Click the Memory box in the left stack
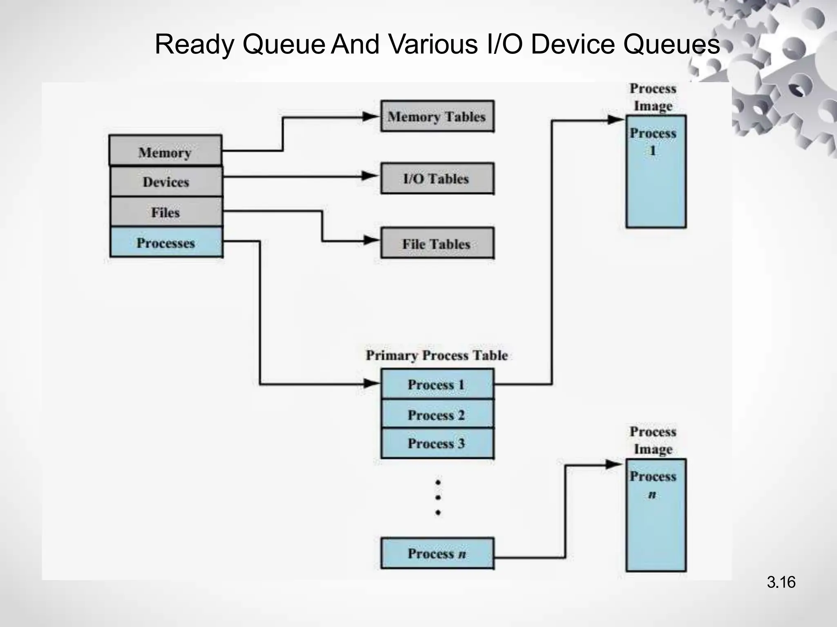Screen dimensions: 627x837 click(x=165, y=151)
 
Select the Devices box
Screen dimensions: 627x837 click(x=166, y=181)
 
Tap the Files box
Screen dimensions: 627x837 click(x=166, y=212)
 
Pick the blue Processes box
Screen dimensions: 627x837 click(x=166, y=242)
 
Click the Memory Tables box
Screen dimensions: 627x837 click(x=437, y=116)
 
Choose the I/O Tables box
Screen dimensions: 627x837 click(x=437, y=178)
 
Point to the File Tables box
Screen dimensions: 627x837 click(x=437, y=243)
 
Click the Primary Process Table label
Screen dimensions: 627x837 click(x=436, y=355)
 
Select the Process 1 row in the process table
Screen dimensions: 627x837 click(x=437, y=384)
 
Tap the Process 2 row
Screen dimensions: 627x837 click(x=437, y=414)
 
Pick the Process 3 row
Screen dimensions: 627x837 click(x=437, y=443)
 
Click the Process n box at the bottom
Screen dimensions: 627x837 click(x=437, y=554)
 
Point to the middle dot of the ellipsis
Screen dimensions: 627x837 click(x=438, y=497)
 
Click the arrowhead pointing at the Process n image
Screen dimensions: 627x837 click(x=614, y=465)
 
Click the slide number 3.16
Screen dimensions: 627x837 click(x=781, y=582)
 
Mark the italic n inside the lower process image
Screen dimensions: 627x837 click(x=652, y=495)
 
